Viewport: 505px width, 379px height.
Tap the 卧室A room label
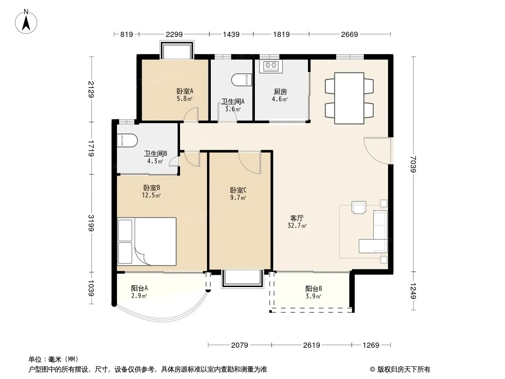click(185, 91)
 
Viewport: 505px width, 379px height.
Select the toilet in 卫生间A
click(242, 80)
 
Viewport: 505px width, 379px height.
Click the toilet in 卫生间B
click(127, 140)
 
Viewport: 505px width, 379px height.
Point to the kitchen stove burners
click(271, 65)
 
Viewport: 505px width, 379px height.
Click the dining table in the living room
click(349, 98)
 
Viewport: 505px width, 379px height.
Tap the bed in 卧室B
click(146, 242)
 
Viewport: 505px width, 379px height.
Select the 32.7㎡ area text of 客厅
click(297, 226)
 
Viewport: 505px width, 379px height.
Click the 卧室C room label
click(238, 190)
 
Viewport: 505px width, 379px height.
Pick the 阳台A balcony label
click(139, 288)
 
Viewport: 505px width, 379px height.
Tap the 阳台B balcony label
click(314, 289)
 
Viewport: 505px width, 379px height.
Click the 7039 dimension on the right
click(414, 164)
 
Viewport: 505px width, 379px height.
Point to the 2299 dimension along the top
click(174, 34)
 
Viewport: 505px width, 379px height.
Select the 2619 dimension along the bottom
click(311, 345)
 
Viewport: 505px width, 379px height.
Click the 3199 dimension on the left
click(91, 223)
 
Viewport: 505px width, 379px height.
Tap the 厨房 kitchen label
click(280, 92)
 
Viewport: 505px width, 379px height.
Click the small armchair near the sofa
click(359, 207)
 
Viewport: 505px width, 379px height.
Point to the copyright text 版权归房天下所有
click(404, 370)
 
